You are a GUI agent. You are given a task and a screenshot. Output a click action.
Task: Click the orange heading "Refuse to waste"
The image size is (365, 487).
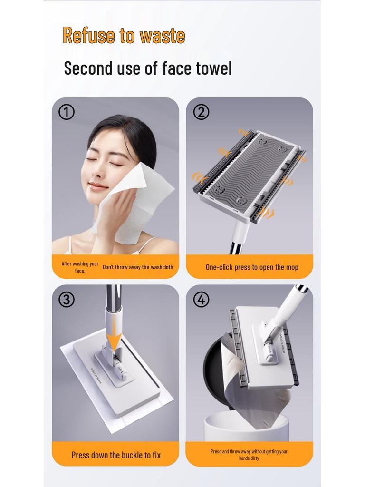click(124, 36)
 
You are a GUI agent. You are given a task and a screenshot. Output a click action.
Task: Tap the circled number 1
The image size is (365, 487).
click(67, 112)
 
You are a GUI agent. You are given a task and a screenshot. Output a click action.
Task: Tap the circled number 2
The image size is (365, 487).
click(201, 112)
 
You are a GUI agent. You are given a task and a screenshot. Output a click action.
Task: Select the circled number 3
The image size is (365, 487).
click(67, 300)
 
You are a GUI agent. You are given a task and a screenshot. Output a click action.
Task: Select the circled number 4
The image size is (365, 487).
click(201, 300)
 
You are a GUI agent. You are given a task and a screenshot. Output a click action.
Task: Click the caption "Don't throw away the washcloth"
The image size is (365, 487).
click(138, 267)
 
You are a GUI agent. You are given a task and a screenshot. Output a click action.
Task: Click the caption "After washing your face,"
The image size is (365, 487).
click(80, 267)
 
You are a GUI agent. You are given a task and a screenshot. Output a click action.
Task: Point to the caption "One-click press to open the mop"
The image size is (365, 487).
click(252, 267)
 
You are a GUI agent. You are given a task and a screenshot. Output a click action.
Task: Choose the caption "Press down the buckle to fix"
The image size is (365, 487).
click(116, 455)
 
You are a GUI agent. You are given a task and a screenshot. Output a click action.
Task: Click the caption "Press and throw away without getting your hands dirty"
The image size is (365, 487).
click(249, 455)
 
